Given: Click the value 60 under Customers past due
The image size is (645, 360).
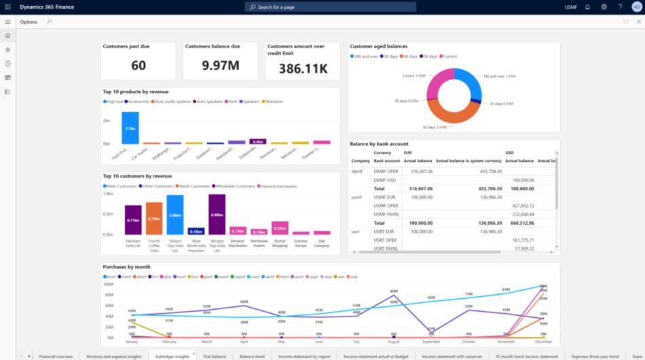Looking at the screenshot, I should click(x=139, y=65).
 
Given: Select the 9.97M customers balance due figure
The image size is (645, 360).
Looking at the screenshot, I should click(x=221, y=65).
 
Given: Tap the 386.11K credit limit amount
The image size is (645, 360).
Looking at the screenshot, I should click(x=303, y=69).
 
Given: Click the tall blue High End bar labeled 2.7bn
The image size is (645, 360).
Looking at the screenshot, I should click(x=130, y=128).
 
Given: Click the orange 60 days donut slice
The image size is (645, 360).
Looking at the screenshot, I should click(x=444, y=113).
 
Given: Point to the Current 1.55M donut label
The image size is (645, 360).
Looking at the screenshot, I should click(x=413, y=75).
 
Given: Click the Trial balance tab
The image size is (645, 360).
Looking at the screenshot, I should click(x=215, y=356).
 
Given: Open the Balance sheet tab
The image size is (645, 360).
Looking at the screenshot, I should click(x=252, y=356).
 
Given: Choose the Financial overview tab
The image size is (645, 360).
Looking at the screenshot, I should click(x=56, y=356).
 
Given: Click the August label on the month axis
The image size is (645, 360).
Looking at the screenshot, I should click(x=393, y=342).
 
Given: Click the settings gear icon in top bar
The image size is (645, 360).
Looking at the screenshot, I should click(x=604, y=7).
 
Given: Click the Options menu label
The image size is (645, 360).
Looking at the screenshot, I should click(x=29, y=22).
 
